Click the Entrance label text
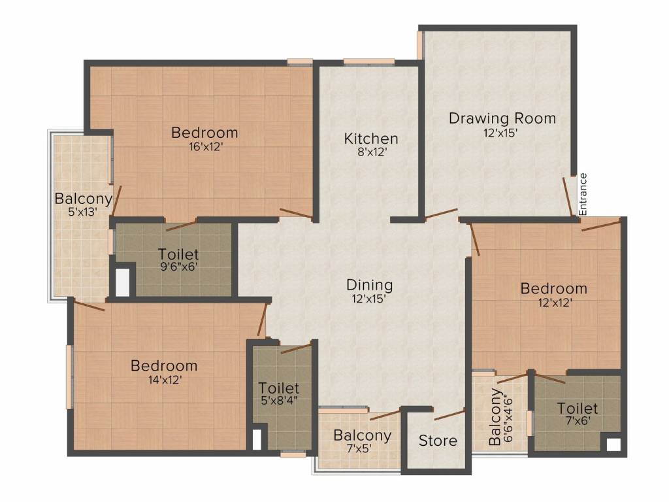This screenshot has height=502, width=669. click(583, 194)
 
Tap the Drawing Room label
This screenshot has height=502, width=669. click(502, 118)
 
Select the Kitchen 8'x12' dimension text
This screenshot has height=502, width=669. click(370, 152)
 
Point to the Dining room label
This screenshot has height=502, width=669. click(370, 285)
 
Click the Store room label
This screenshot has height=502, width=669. click(438, 441)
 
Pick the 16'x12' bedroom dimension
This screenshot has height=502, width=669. click(206, 146)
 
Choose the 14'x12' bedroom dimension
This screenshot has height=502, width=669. click(165, 380)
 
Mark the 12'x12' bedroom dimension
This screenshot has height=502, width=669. click(555, 302)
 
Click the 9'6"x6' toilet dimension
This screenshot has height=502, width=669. click(179, 267)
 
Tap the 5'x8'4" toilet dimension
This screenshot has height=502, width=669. click(279, 401)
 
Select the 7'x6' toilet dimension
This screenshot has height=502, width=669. click(578, 420)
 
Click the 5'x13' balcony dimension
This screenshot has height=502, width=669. click(83, 211)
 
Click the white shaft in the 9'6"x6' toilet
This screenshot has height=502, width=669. click(122, 281)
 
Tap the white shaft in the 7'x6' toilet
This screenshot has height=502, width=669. click(613, 444)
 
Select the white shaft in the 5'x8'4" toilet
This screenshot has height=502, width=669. click(257, 439)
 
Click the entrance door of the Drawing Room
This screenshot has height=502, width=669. click(568, 197)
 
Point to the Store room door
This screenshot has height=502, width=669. click(449, 414)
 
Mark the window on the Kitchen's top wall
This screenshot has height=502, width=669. click(369, 61)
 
